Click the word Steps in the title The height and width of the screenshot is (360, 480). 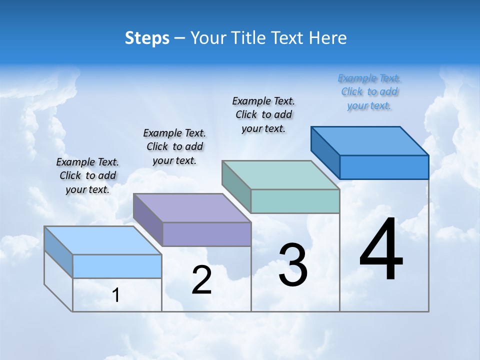(x=147, y=38)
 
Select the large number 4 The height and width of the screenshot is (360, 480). (x=381, y=250)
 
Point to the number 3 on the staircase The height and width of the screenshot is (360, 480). (x=292, y=265)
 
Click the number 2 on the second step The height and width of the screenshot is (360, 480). (x=201, y=280)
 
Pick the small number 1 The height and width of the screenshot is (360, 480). (x=116, y=295)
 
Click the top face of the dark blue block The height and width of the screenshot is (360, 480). (x=370, y=141)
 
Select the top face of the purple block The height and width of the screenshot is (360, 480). (x=192, y=208)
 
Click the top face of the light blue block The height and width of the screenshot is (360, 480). (x=103, y=240)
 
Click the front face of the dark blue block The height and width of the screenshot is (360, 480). (x=384, y=167)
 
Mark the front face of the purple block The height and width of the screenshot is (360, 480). (x=206, y=234)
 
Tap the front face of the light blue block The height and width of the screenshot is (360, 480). (x=117, y=266)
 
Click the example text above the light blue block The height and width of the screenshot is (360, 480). (x=87, y=175)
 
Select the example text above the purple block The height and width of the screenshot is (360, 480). (x=174, y=146)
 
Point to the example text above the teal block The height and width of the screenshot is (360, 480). (x=263, y=114)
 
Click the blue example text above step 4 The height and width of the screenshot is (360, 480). (x=369, y=91)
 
